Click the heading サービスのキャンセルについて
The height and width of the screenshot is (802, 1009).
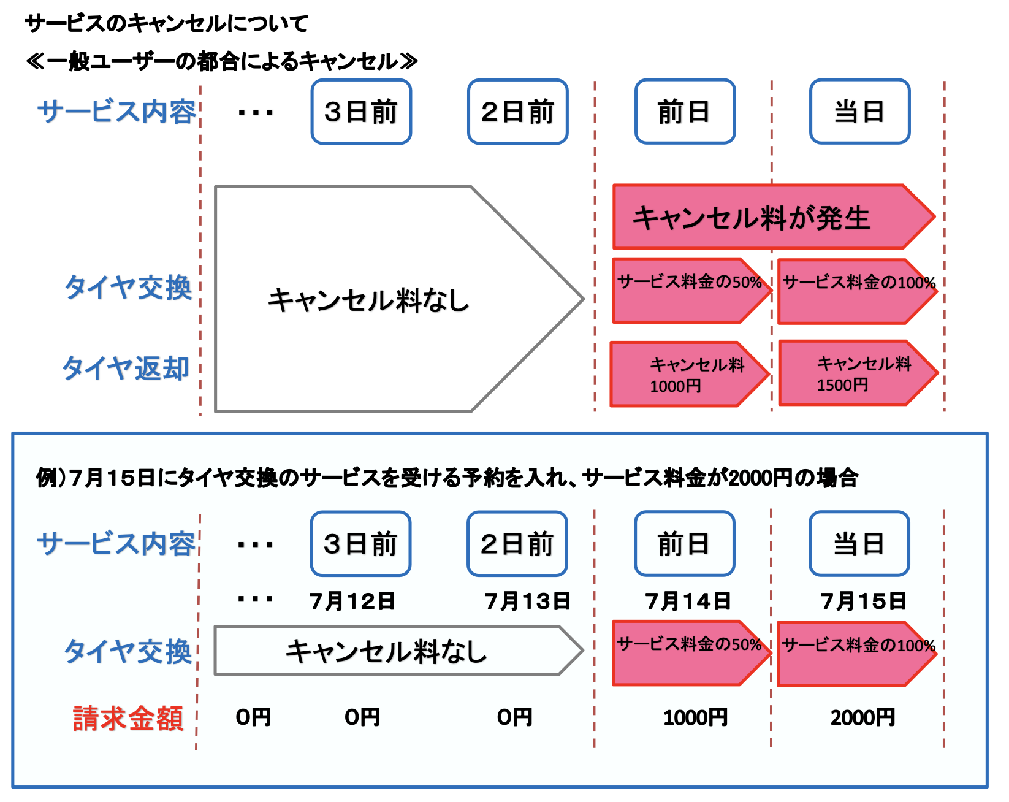coord(166,24)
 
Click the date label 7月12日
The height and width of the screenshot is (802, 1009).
coord(352,601)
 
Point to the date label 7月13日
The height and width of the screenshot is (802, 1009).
coord(527,601)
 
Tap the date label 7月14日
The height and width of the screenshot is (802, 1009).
coord(688,601)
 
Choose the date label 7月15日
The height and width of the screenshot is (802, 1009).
coord(863,601)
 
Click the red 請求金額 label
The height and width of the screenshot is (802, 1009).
coord(128,718)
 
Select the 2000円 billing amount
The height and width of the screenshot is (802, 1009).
coord(862,717)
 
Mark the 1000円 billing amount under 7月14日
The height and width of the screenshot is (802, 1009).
coord(695,717)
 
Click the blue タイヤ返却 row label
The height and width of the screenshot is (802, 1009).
coord(126,368)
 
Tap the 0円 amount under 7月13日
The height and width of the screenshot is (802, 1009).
coord(515,717)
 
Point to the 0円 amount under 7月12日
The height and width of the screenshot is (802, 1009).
coord(362,717)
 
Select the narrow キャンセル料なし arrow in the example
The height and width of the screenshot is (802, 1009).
coord(386,651)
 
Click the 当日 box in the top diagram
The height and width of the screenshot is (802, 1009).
coord(859,112)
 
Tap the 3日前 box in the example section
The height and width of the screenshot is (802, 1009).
coord(360,544)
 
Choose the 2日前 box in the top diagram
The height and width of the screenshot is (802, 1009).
coord(517,112)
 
